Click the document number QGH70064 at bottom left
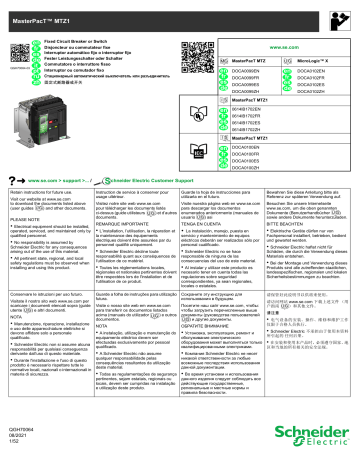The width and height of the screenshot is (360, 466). tap(19, 439)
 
